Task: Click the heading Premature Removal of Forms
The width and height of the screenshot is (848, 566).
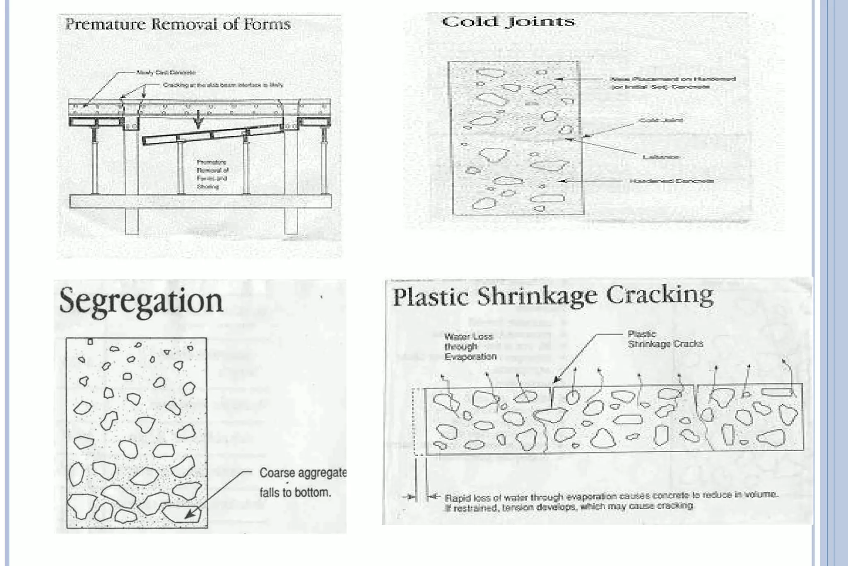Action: coord(178,24)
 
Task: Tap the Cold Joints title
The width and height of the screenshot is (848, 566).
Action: coord(508,22)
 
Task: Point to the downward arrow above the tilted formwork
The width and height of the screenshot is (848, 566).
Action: coord(198,119)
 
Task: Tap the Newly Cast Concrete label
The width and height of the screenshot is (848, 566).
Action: coord(166,73)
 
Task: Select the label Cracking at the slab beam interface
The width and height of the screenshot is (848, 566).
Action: coord(223,85)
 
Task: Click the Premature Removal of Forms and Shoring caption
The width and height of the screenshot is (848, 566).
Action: coord(212,174)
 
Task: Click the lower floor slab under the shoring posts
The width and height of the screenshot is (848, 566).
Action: coord(200,201)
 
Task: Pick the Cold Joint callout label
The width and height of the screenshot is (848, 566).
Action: coord(660,120)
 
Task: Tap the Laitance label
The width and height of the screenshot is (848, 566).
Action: coord(660,157)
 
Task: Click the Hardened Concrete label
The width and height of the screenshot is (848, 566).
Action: coord(671,181)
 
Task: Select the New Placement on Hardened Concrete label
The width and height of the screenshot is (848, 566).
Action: coord(672,83)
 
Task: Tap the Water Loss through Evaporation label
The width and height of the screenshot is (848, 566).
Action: coord(470,346)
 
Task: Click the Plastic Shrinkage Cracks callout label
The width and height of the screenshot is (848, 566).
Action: coord(665,339)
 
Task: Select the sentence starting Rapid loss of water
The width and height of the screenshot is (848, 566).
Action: coord(611,501)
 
